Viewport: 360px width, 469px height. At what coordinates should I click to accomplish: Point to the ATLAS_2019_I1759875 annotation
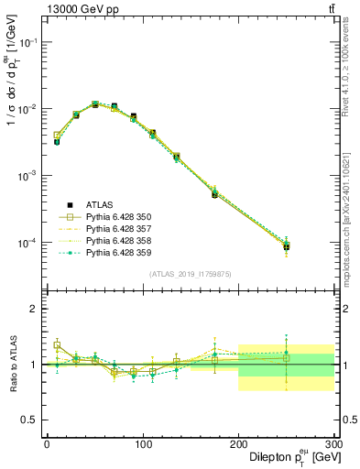[x=189, y=274]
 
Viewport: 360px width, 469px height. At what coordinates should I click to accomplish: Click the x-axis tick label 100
[x=142, y=444]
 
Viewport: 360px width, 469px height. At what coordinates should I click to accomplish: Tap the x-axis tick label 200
[x=238, y=444]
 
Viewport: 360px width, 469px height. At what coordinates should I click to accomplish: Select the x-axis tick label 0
[x=46, y=444]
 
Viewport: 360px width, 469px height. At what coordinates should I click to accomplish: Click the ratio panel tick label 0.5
[x=30, y=420]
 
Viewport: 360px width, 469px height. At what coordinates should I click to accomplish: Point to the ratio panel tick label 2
[x=34, y=309]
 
